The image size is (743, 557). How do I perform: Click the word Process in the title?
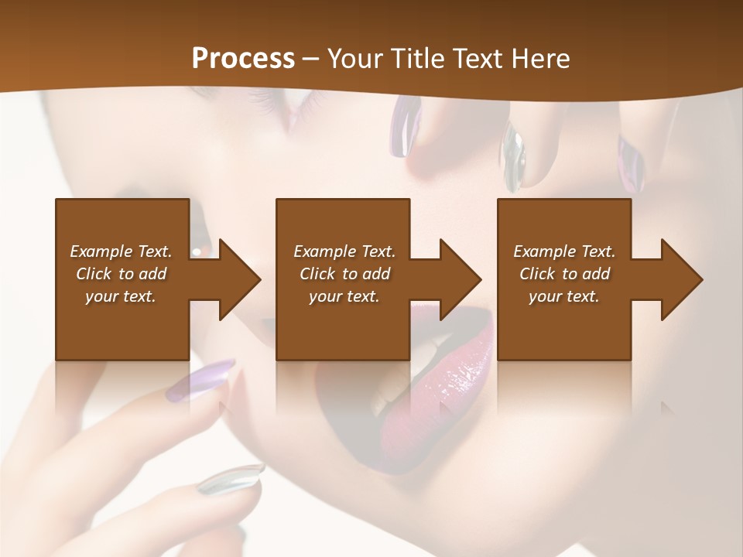tap(243, 59)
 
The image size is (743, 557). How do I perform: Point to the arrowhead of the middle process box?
tap(459, 279)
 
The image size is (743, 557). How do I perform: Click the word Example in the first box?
tap(101, 251)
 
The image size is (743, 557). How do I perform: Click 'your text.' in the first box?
tap(121, 296)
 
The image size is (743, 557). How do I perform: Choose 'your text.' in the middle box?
tap(344, 296)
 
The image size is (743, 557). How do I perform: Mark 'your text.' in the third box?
tap(564, 296)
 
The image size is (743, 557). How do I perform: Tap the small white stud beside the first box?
tap(198, 252)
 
